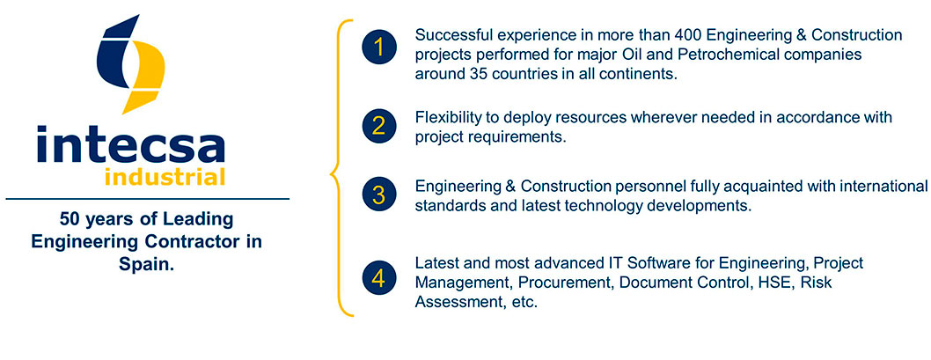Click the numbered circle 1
[378, 47]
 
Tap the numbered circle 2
[378, 127]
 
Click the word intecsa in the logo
[130, 144]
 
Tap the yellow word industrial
[165, 176]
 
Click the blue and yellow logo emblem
[130, 63]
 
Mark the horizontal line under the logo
[147, 198]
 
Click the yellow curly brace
[341, 167]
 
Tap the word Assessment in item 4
[454, 302]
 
